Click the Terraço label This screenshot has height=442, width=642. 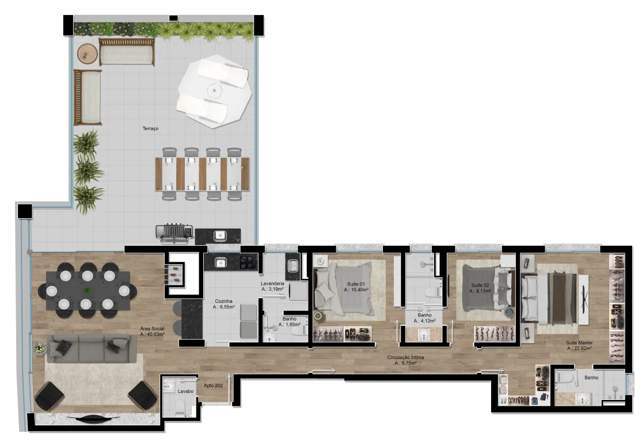pos(150,128)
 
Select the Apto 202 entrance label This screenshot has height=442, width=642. pos(213,386)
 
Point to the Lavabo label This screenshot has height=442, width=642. pos(185,392)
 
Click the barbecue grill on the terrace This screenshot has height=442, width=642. pos(174,233)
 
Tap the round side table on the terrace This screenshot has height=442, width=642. pos(87,54)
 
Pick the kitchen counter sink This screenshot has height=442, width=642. pos(221,262)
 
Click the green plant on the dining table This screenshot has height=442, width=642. pos(87,291)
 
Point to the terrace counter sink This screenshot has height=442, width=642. pos(220,235)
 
